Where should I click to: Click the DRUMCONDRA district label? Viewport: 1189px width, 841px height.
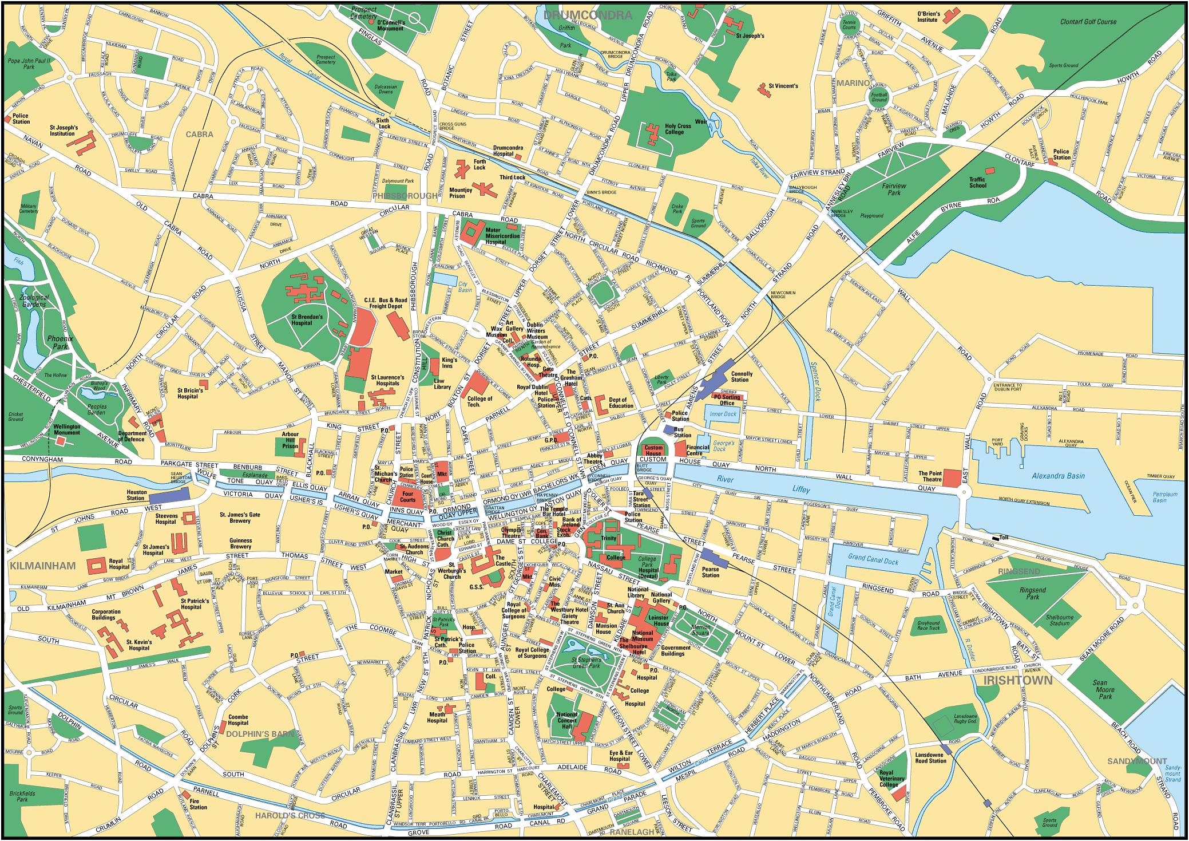[x=589, y=15]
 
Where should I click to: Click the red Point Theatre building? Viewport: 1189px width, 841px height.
[x=952, y=478]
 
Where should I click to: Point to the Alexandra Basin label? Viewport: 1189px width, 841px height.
[x=1058, y=476]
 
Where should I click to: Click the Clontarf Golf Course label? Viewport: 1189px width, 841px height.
[x=1088, y=22]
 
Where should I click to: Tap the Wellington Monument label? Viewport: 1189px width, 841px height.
[x=67, y=429]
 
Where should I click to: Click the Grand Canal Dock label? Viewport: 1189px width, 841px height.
[x=873, y=562]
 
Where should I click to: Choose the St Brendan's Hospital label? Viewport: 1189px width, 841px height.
[x=307, y=319]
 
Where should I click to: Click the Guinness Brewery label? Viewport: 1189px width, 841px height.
[x=240, y=543]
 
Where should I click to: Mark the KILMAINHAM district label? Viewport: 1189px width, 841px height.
[x=42, y=566]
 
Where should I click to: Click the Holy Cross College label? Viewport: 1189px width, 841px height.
[x=678, y=129]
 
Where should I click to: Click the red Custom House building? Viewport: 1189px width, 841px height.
[x=653, y=450]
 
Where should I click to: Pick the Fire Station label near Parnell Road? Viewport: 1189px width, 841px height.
[x=198, y=804]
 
